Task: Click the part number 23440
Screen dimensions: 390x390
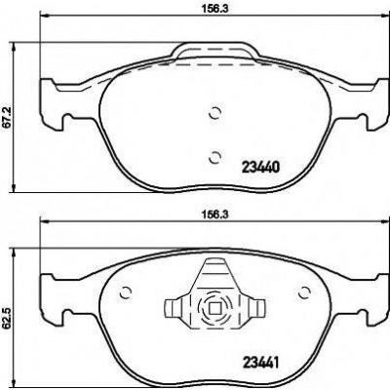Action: (x=260, y=168)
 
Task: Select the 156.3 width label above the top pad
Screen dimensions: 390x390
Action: (x=215, y=9)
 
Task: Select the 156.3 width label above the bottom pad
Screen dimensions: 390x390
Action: (x=215, y=214)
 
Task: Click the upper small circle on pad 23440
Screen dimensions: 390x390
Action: (x=214, y=113)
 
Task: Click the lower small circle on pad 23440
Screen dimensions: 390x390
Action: (x=214, y=157)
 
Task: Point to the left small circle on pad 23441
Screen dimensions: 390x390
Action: (x=125, y=293)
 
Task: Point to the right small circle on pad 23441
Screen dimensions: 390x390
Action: (x=305, y=293)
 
